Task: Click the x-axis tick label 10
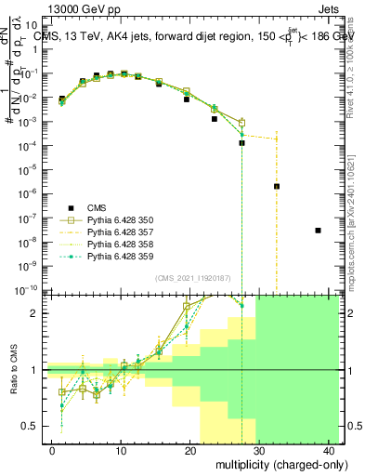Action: (x=121, y=449)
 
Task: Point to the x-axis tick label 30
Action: (x=259, y=449)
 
